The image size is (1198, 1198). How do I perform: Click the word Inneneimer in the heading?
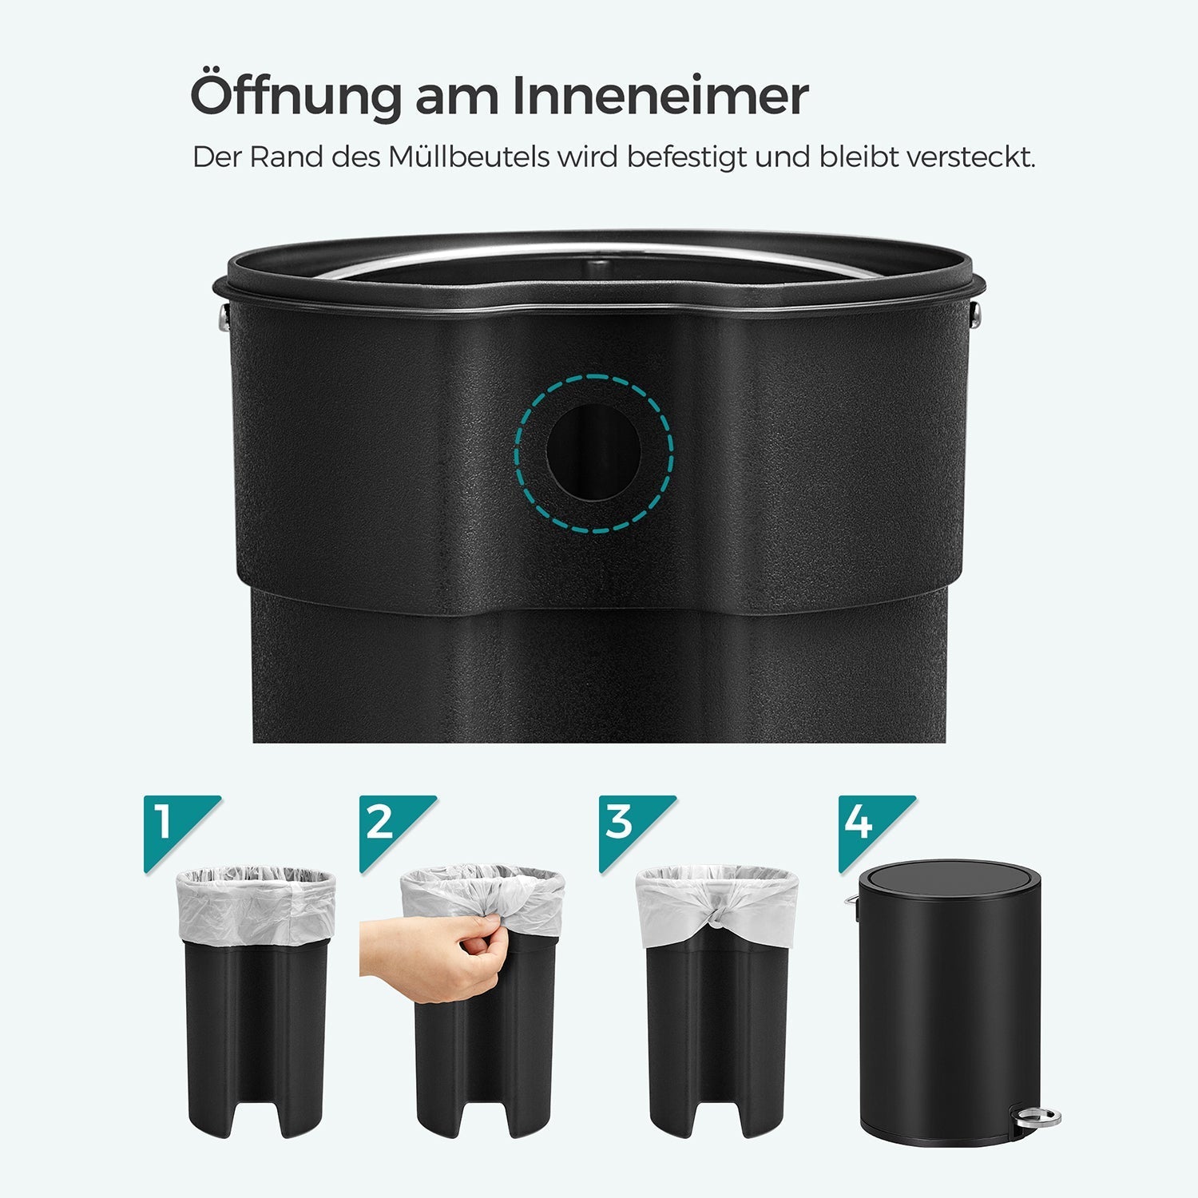pyautogui.click(x=660, y=97)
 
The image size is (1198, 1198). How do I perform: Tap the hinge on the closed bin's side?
pyautogui.click(x=852, y=902)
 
